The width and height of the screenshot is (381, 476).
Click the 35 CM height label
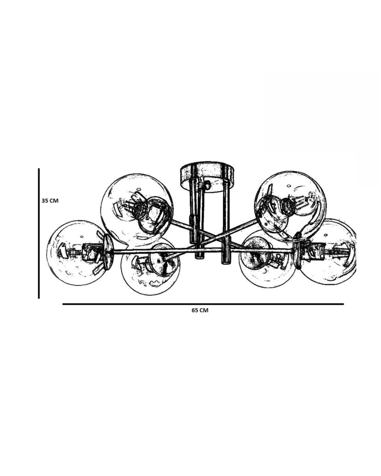click(x=50, y=201)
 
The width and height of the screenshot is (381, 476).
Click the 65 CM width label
click(x=200, y=310)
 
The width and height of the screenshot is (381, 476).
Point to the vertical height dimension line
click(x=39, y=233)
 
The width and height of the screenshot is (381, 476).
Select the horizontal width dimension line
click(x=203, y=304)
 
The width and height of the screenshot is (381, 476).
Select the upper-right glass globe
click(x=290, y=205)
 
